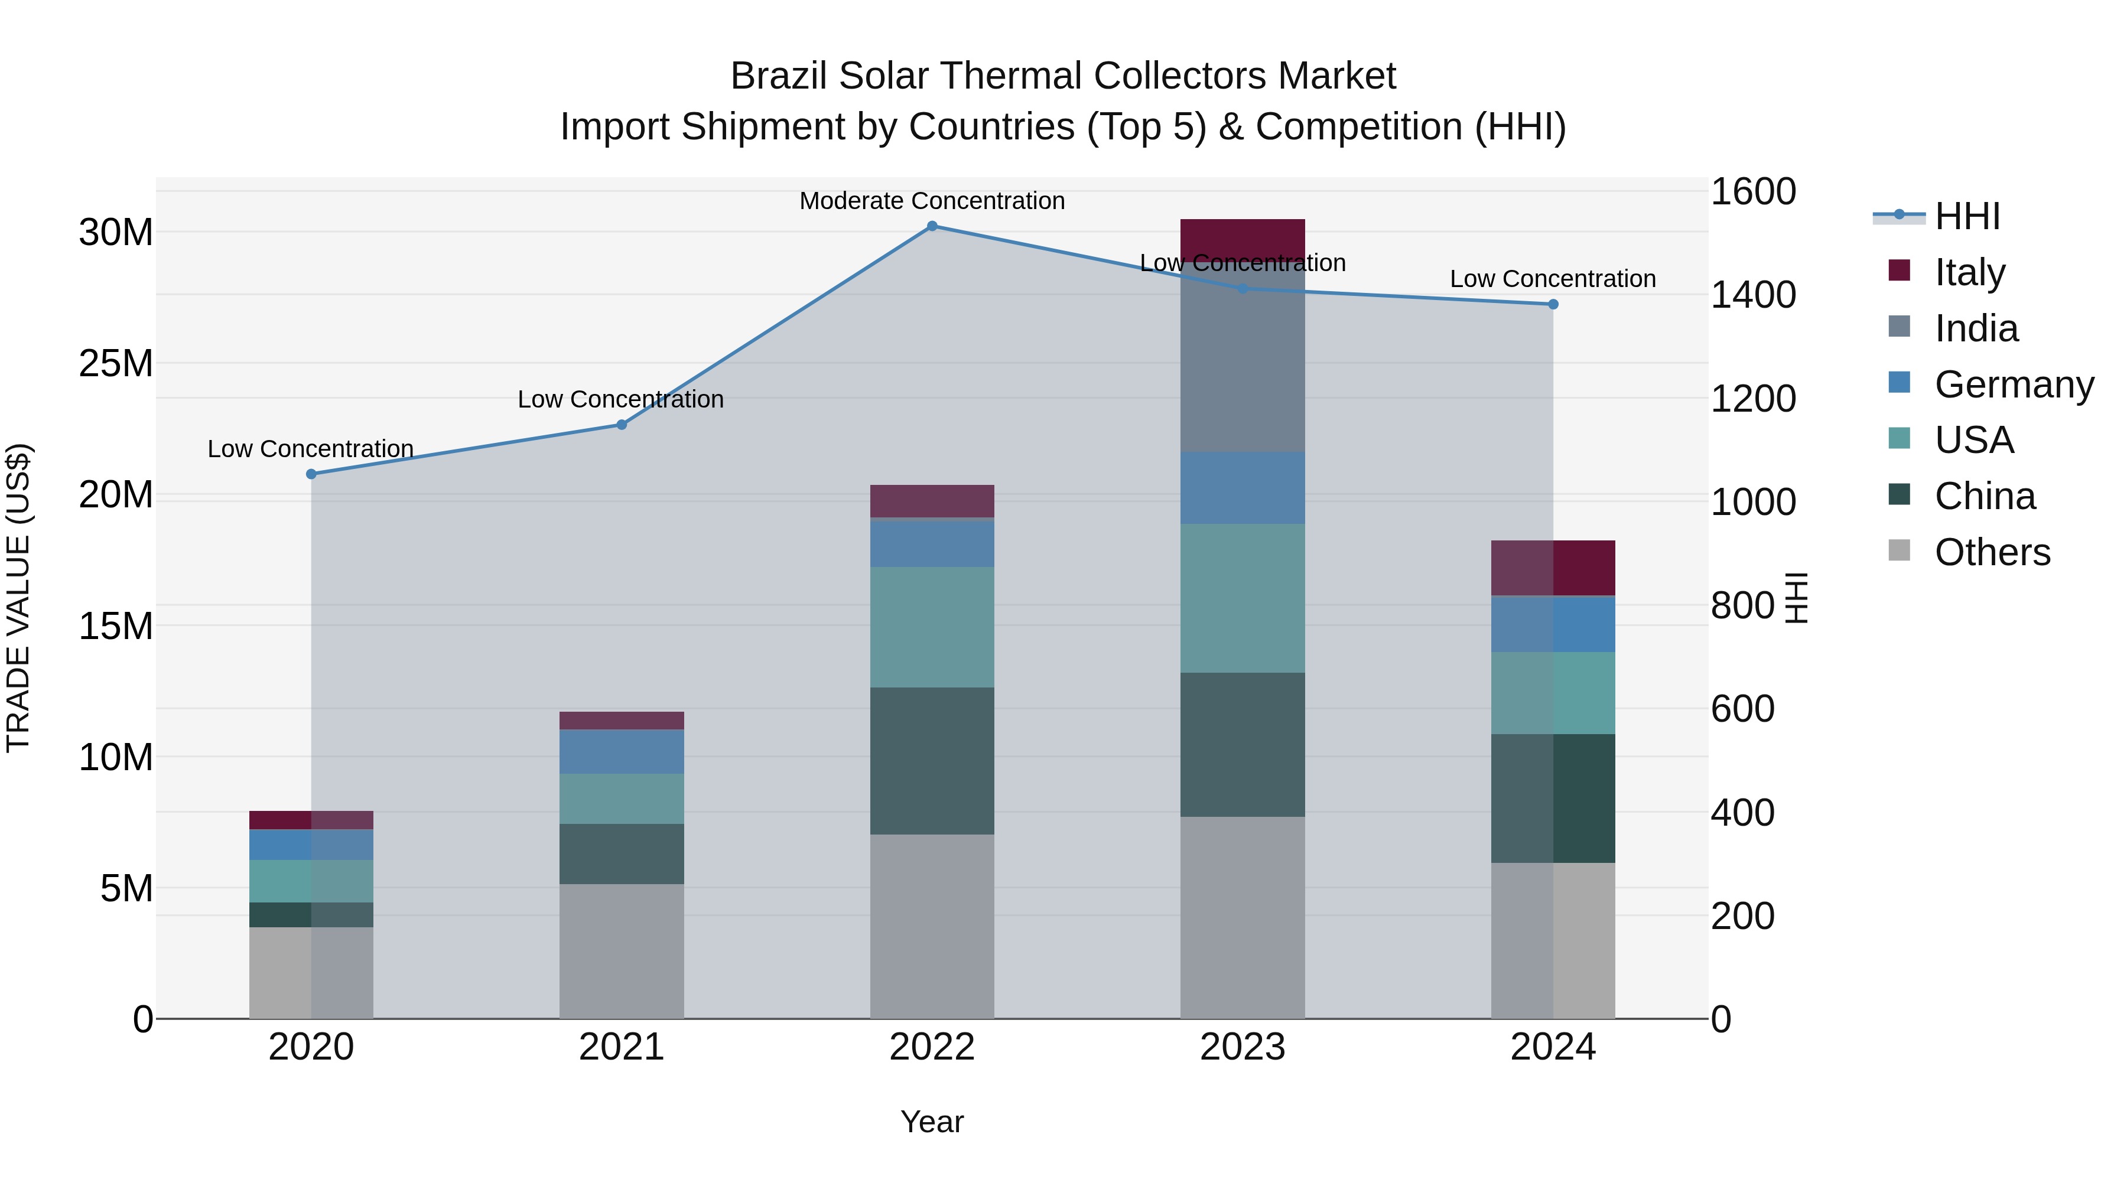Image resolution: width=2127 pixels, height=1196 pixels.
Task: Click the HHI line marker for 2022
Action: click(x=932, y=226)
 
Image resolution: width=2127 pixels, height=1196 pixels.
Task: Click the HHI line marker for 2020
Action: click(x=311, y=474)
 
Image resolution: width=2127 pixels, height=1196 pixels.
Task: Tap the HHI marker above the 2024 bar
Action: click(x=1553, y=305)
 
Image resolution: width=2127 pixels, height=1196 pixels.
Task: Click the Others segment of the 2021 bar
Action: click(x=622, y=951)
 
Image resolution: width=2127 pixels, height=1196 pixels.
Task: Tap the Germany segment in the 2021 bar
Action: click(x=622, y=751)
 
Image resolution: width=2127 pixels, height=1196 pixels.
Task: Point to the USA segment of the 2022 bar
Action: click(x=932, y=627)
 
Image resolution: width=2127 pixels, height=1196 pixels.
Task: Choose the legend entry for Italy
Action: click(x=1969, y=272)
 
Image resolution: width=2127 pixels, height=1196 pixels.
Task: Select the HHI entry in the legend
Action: click(x=1967, y=216)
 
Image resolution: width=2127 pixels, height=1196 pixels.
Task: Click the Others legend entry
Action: click(x=1992, y=552)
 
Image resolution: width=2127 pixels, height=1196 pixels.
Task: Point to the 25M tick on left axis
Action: click(x=116, y=363)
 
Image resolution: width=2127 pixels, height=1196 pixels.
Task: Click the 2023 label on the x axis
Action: click(x=1243, y=1047)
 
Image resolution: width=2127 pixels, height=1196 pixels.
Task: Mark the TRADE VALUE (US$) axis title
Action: click(x=18, y=598)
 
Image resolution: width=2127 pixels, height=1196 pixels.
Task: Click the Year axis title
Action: click(x=932, y=1122)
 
